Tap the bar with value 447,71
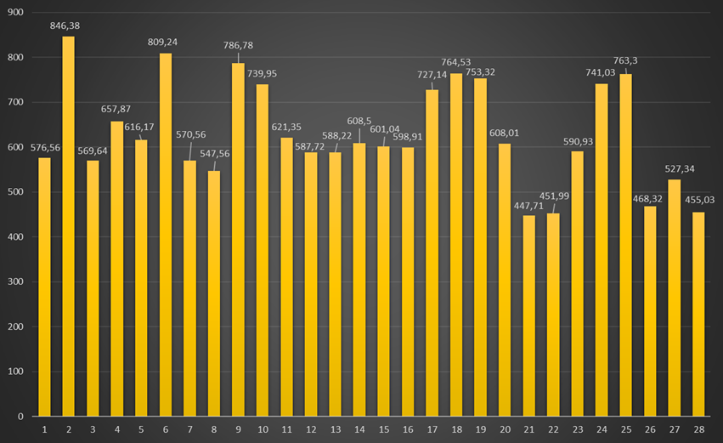pos(528,315)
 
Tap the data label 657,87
pos(117,111)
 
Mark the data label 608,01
pos(505,133)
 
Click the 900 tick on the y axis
pos(16,13)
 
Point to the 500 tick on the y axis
pos(16,192)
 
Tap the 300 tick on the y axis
pos(16,282)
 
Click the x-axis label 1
pos(44,429)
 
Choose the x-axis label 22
pos(553,429)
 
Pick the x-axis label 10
pos(263,429)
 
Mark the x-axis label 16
pos(408,429)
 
